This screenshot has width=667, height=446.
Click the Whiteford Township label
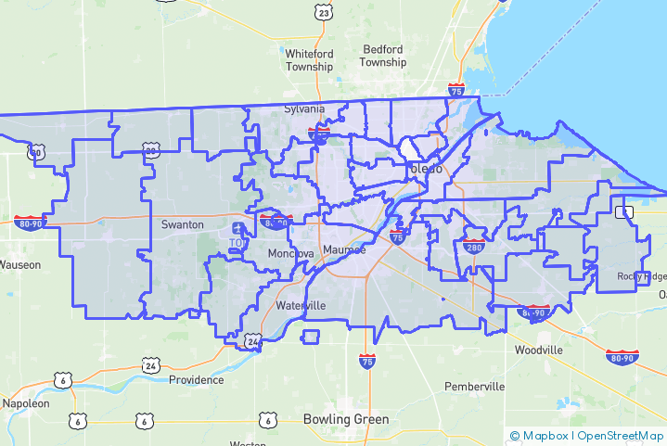309,60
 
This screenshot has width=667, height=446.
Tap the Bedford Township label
384,56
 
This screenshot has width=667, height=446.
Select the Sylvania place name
304,108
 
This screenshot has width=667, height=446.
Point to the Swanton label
182,224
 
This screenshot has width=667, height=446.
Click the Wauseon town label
19,264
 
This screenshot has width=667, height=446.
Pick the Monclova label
291,254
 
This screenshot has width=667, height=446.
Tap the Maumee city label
344,250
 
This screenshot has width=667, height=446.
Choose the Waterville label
301,305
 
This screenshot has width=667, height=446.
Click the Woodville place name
539,350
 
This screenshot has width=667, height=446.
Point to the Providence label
196,379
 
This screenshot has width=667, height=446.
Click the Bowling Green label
346,419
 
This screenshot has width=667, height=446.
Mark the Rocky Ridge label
643,277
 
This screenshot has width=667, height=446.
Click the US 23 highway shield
323,11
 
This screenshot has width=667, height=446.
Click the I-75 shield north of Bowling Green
367,360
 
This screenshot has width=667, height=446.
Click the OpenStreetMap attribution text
621,435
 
